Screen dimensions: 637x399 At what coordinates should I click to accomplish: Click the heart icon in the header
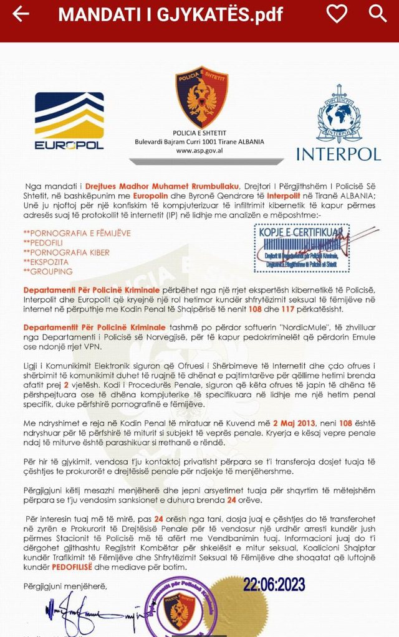pyautogui.click(x=337, y=14)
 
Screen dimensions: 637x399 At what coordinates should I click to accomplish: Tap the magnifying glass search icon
pyautogui.click(x=378, y=14)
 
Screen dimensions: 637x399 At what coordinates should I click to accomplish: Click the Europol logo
pyautogui.click(x=69, y=121)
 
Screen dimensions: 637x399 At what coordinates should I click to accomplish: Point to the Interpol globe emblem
pyautogui.click(x=339, y=114)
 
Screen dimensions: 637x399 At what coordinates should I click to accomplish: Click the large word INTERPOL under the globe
pyautogui.click(x=338, y=153)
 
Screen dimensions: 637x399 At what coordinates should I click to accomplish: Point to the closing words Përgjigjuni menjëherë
pyautogui.click(x=65, y=586)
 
